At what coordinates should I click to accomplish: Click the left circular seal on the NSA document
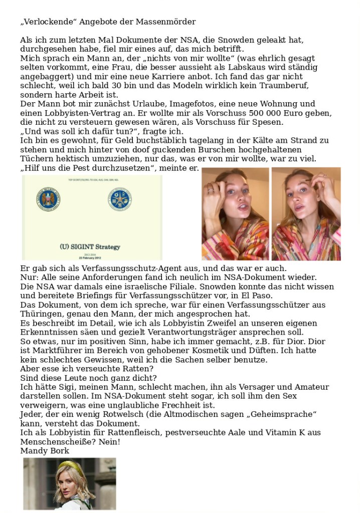pos(49,199)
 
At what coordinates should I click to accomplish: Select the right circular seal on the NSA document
pos(120,199)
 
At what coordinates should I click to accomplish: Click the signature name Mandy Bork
pos(45,450)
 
